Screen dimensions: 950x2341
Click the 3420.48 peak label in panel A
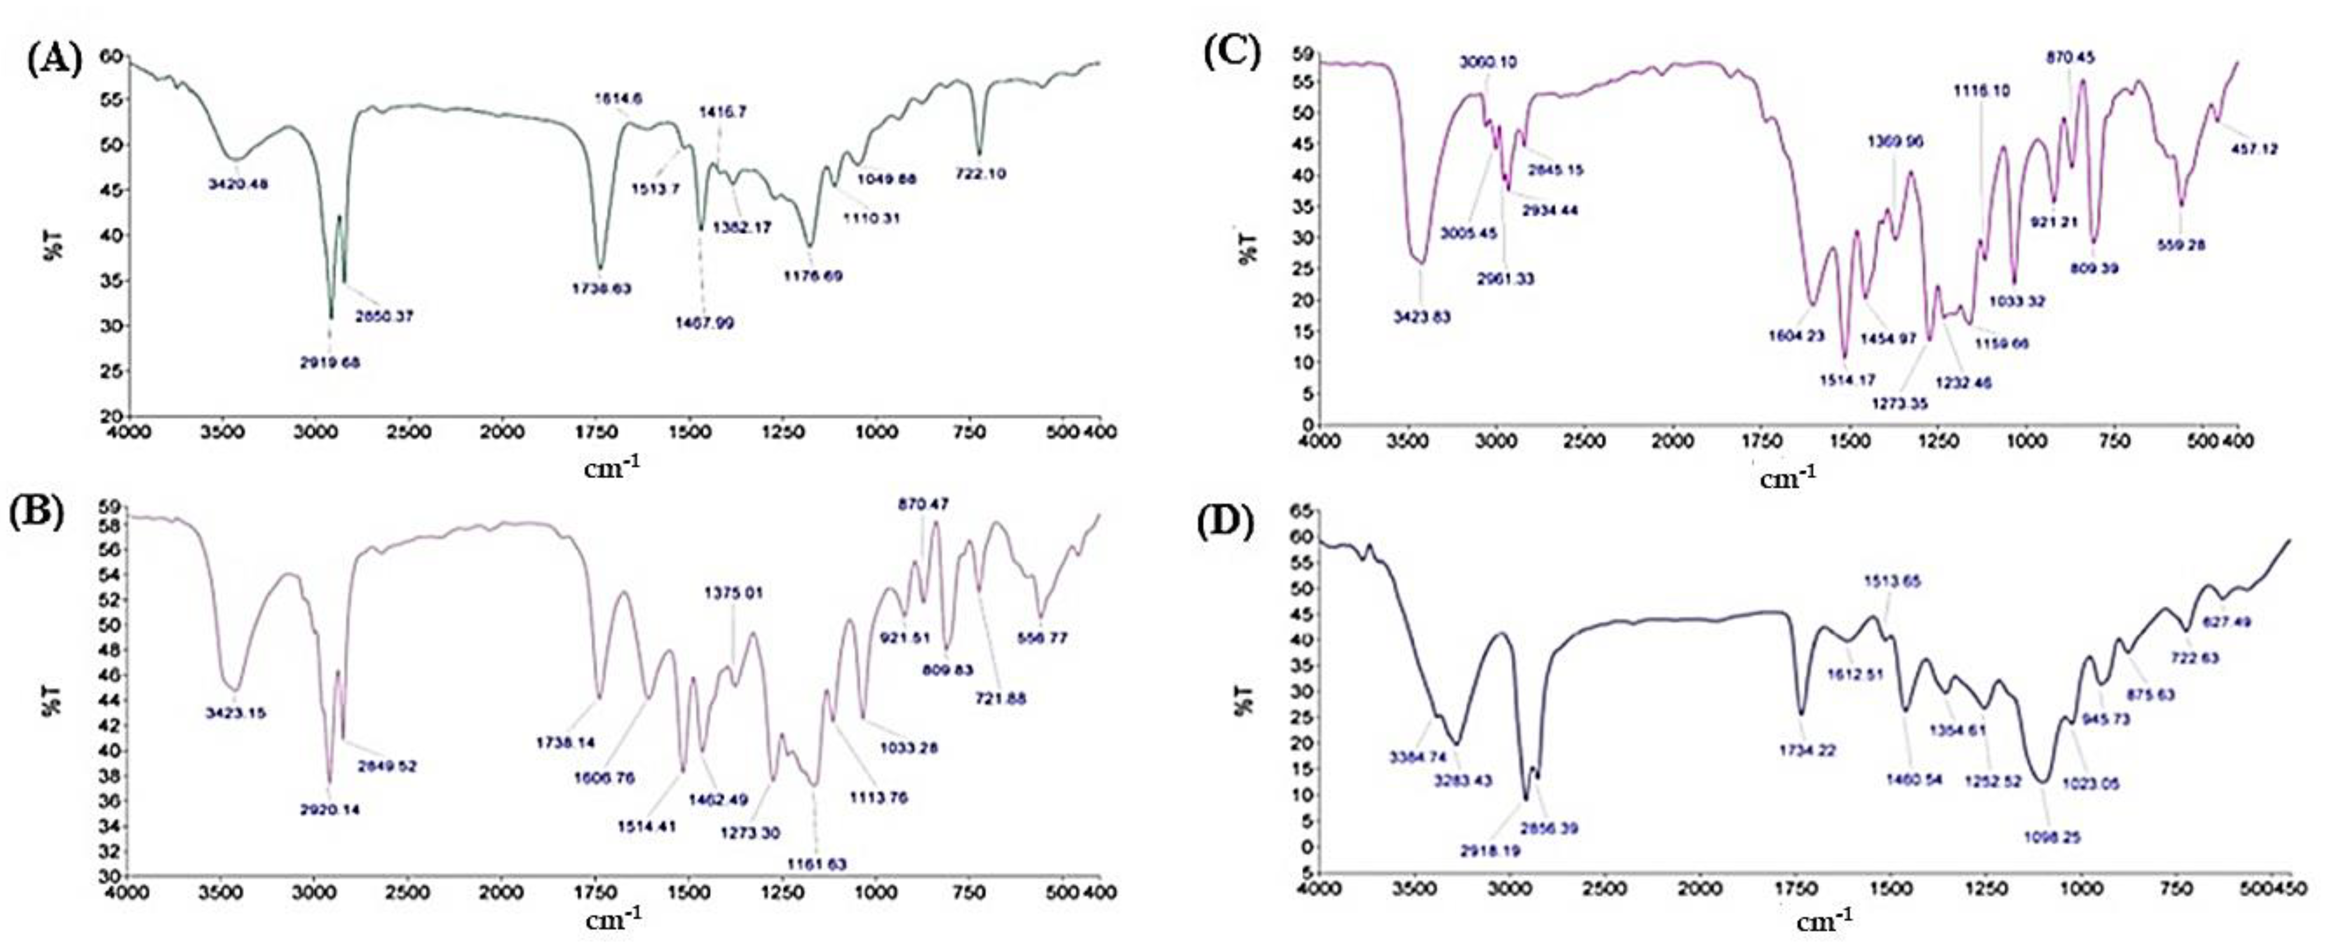(238, 184)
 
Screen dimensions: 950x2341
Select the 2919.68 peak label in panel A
(330, 362)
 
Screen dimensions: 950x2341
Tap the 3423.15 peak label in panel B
(236, 712)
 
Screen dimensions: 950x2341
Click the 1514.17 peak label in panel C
(1846, 380)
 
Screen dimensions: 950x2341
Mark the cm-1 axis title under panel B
(613, 920)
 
